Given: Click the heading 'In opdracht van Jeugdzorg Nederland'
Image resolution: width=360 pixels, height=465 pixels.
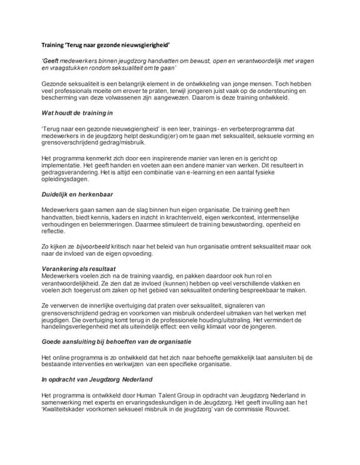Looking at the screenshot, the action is [97, 379].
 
